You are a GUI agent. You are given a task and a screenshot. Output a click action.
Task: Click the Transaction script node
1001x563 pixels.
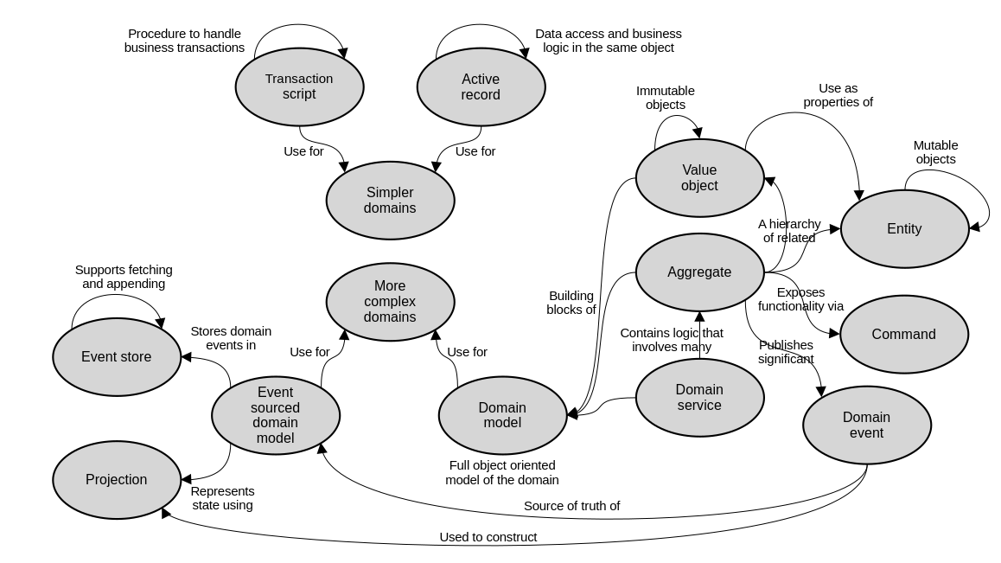[299, 86]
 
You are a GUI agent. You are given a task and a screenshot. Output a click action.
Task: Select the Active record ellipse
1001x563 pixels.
[481, 86]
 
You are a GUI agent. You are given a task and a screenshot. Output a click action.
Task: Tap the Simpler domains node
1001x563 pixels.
[390, 201]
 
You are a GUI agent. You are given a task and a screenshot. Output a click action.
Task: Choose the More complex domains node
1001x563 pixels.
[390, 302]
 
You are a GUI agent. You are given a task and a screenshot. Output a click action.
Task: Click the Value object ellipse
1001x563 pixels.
[699, 178]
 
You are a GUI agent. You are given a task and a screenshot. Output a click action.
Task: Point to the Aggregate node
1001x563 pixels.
[699, 272]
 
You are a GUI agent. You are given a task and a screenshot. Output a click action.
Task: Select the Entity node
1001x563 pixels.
[904, 229]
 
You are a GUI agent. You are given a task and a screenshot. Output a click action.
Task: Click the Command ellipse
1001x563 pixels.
[903, 335]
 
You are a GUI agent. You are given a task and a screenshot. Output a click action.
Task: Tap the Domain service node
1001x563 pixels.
[699, 398]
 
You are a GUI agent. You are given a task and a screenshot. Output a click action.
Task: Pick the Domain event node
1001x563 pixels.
[866, 425]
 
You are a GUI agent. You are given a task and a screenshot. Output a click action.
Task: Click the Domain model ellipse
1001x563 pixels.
[502, 415]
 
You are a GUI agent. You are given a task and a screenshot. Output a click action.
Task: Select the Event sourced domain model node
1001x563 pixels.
[275, 415]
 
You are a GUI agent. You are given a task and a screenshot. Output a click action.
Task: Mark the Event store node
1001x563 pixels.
[117, 357]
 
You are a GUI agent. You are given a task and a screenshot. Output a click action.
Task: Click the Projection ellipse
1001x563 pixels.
[117, 480]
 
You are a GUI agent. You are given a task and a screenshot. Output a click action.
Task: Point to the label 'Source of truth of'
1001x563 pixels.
[571, 506]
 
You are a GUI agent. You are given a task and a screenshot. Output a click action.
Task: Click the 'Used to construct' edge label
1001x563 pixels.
[488, 537]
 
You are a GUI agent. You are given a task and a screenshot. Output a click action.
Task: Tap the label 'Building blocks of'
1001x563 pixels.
[571, 303]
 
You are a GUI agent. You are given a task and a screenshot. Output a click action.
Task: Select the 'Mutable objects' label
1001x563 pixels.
[935, 152]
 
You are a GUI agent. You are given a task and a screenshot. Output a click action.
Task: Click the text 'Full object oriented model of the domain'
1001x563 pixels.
[502, 472]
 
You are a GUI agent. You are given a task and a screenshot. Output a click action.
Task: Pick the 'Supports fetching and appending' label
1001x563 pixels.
[124, 277]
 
